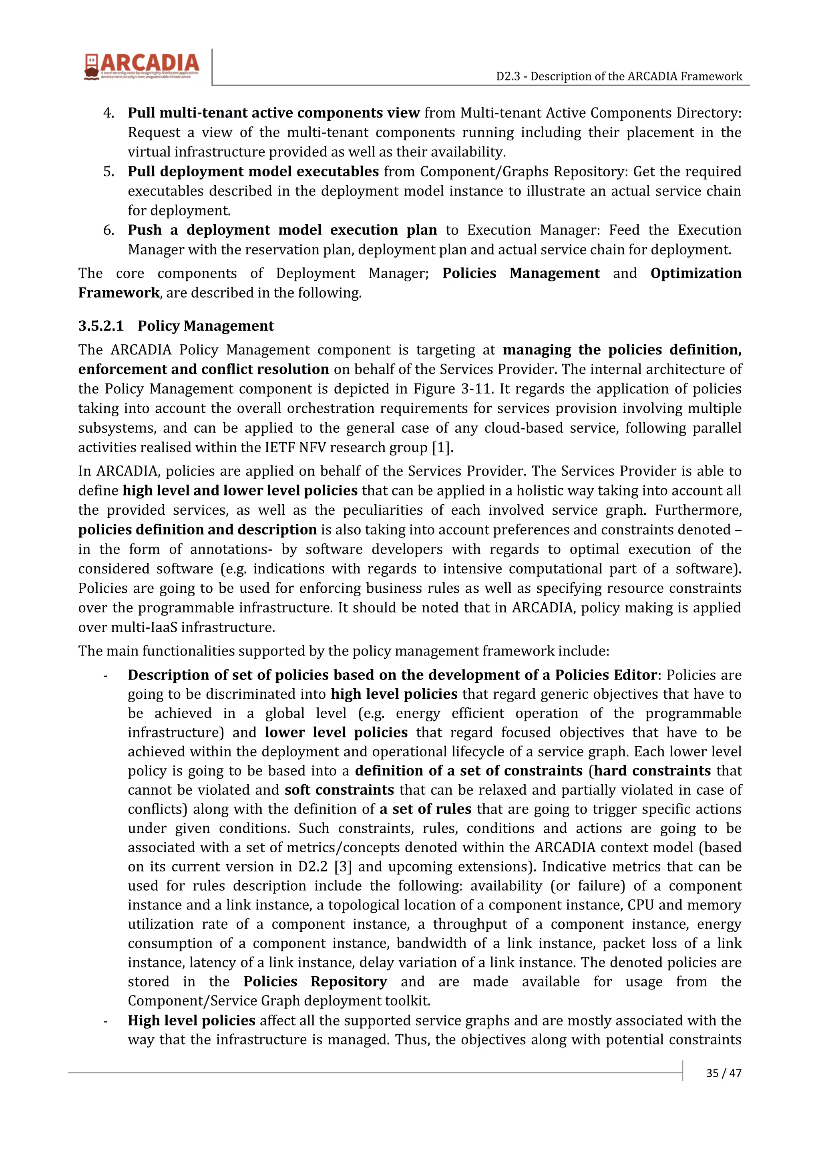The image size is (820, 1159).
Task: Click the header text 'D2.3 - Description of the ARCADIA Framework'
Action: pos(619,76)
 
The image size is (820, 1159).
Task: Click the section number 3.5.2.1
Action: pos(100,326)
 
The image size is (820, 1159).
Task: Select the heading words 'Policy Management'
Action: pos(206,326)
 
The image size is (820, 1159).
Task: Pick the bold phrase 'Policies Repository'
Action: pos(315,982)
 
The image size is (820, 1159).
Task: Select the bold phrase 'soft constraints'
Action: pos(339,790)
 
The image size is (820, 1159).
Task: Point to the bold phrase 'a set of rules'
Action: pos(425,809)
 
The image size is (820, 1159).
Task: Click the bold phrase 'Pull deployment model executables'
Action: pos(253,172)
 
